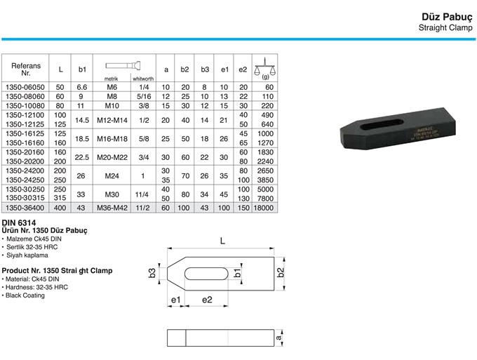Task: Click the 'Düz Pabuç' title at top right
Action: coord(447,17)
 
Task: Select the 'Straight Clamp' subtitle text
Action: coord(445,27)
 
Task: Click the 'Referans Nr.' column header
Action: coord(26,69)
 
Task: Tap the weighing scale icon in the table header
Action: coord(264,67)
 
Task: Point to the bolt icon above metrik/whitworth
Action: coord(123,65)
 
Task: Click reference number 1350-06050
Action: coord(25,87)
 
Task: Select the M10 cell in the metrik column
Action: coord(113,106)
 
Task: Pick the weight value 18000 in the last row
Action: coord(264,208)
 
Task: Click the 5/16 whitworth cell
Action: coord(144,97)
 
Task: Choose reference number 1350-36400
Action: coord(25,208)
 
